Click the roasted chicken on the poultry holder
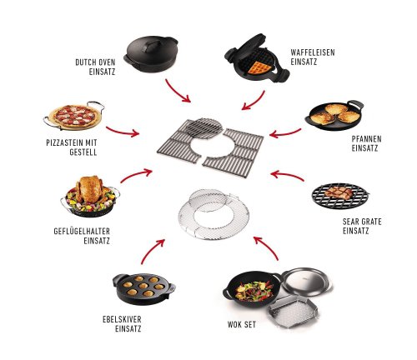tap(89, 189)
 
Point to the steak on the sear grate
tap(339, 192)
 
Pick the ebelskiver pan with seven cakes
tap(143, 288)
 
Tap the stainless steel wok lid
tap(307, 281)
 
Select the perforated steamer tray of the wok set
tap(294, 310)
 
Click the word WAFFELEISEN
tap(313, 52)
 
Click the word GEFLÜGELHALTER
tap(82, 231)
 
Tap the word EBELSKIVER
tap(122, 319)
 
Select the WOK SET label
tap(242, 324)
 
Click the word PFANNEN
tap(366, 139)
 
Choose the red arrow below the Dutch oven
tap(177, 92)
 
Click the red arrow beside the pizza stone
tap(123, 132)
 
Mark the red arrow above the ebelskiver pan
tap(152, 251)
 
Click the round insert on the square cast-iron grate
tap(204, 128)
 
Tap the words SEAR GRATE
tap(362, 222)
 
